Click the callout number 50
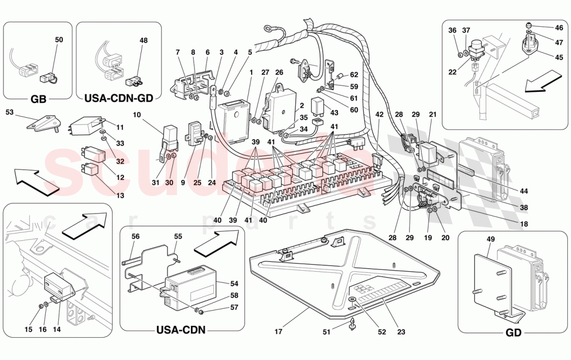58,40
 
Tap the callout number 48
144,40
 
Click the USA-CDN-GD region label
119,98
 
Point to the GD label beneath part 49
512,334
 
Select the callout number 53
10,112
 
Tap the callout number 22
452,72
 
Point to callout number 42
380,114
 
